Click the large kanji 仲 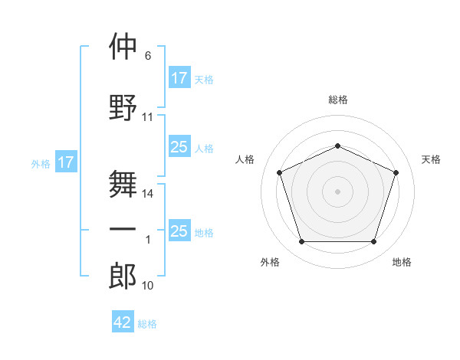[123, 46]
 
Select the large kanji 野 [123, 107]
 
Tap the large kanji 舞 [123, 184]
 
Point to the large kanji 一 [123, 229]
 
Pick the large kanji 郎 [123, 276]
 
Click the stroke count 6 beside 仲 [148, 56]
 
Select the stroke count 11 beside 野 [147, 117]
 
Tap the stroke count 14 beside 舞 [147, 194]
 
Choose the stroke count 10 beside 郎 [147, 286]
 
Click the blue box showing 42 [123, 321]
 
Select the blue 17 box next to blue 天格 [180, 77]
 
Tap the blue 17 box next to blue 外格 [66, 162]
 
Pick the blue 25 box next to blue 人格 [180, 146]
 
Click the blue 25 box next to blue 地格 [180, 230]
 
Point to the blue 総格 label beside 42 [147, 324]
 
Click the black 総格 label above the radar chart [338, 100]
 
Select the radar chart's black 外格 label [270, 262]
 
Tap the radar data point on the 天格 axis [396, 172]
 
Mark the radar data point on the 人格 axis [280, 172]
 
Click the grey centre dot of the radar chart [337, 191]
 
